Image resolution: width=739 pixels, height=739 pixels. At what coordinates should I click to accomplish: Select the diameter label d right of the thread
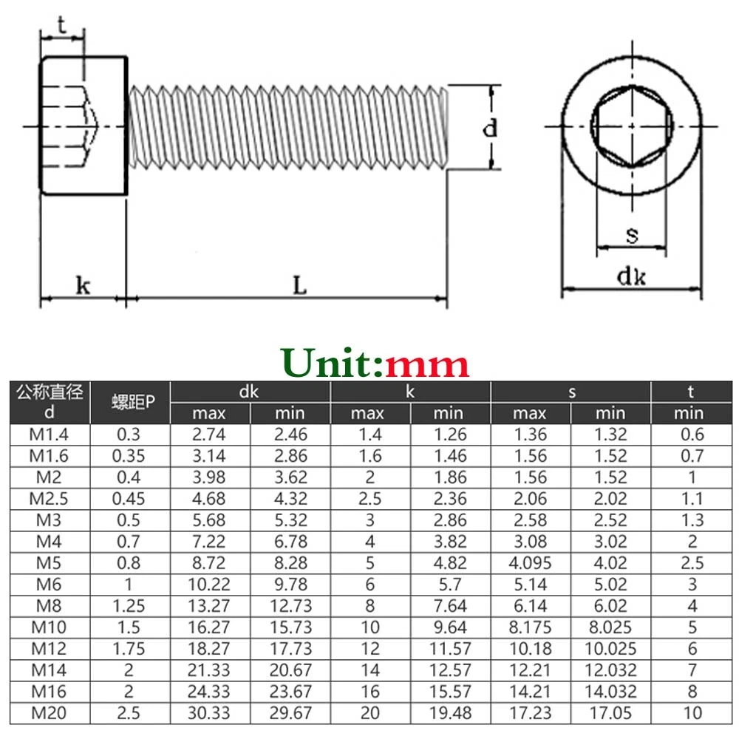[x=489, y=129]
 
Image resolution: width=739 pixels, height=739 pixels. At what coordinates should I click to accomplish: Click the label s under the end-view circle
[x=632, y=236]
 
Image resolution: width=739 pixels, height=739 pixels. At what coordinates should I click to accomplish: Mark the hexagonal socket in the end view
[x=631, y=129]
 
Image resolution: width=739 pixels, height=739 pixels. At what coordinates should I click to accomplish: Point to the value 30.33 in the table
[x=209, y=714]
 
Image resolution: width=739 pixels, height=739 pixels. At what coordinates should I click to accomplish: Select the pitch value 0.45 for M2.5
[x=129, y=500]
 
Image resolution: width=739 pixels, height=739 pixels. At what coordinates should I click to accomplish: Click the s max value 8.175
[x=530, y=628]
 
